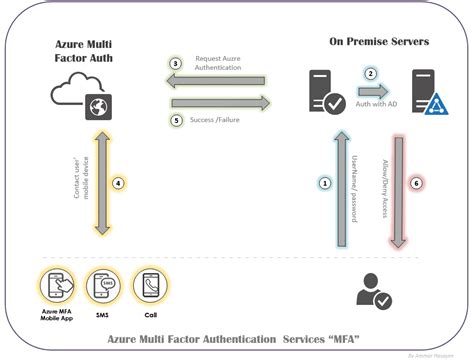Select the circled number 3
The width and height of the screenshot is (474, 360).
point(175,64)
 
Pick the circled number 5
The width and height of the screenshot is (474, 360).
point(175,120)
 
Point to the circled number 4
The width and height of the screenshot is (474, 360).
point(118,184)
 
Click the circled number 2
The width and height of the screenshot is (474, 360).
point(370,73)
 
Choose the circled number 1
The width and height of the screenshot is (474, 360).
point(324,183)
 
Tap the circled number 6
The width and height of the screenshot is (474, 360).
point(417,183)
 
